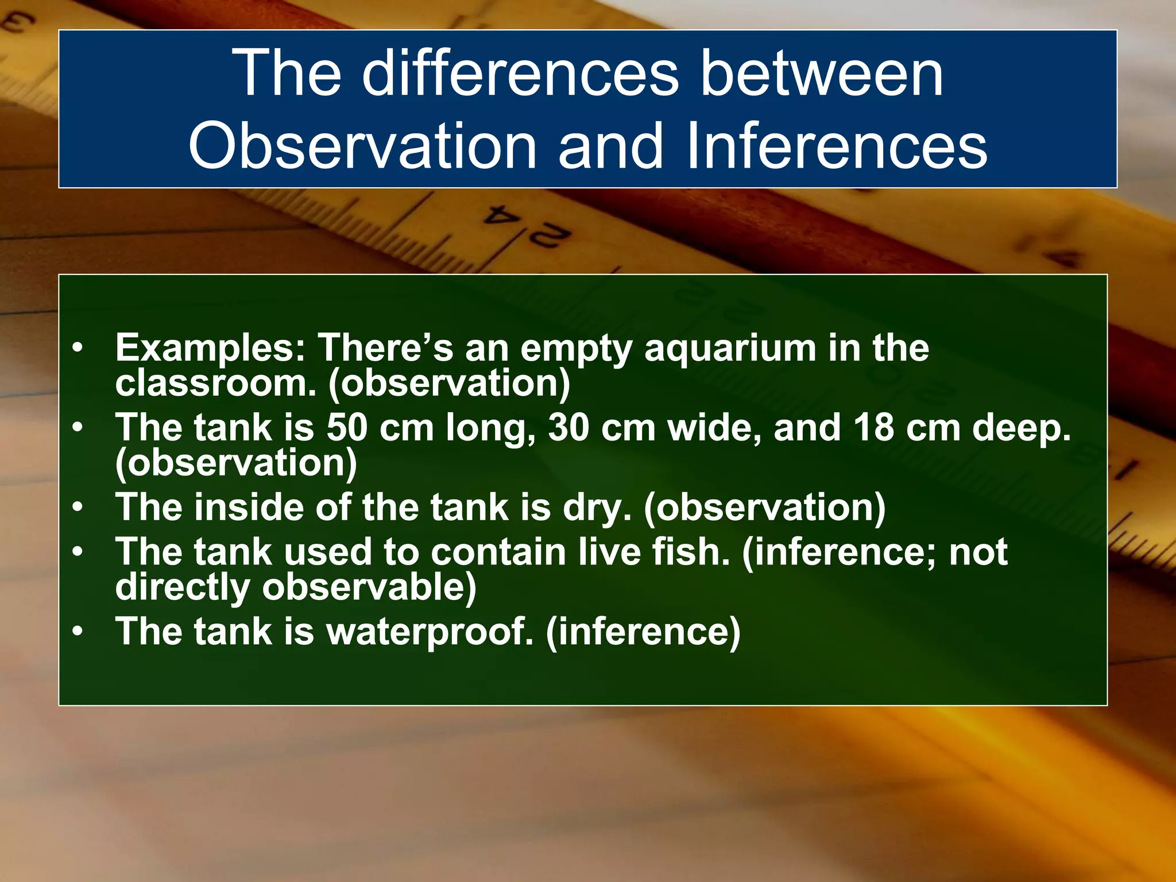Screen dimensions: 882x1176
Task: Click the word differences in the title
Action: click(x=520, y=73)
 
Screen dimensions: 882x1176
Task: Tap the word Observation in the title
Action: click(x=362, y=146)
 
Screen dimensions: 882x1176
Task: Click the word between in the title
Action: click(x=821, y=73)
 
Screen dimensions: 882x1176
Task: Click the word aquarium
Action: click(x=730, y=349)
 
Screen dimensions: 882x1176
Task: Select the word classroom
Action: click(x=215, y=383)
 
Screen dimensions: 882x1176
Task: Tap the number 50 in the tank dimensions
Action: click(x=347, y=428)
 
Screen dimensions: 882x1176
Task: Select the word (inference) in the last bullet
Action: click(x=643, y=632)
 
